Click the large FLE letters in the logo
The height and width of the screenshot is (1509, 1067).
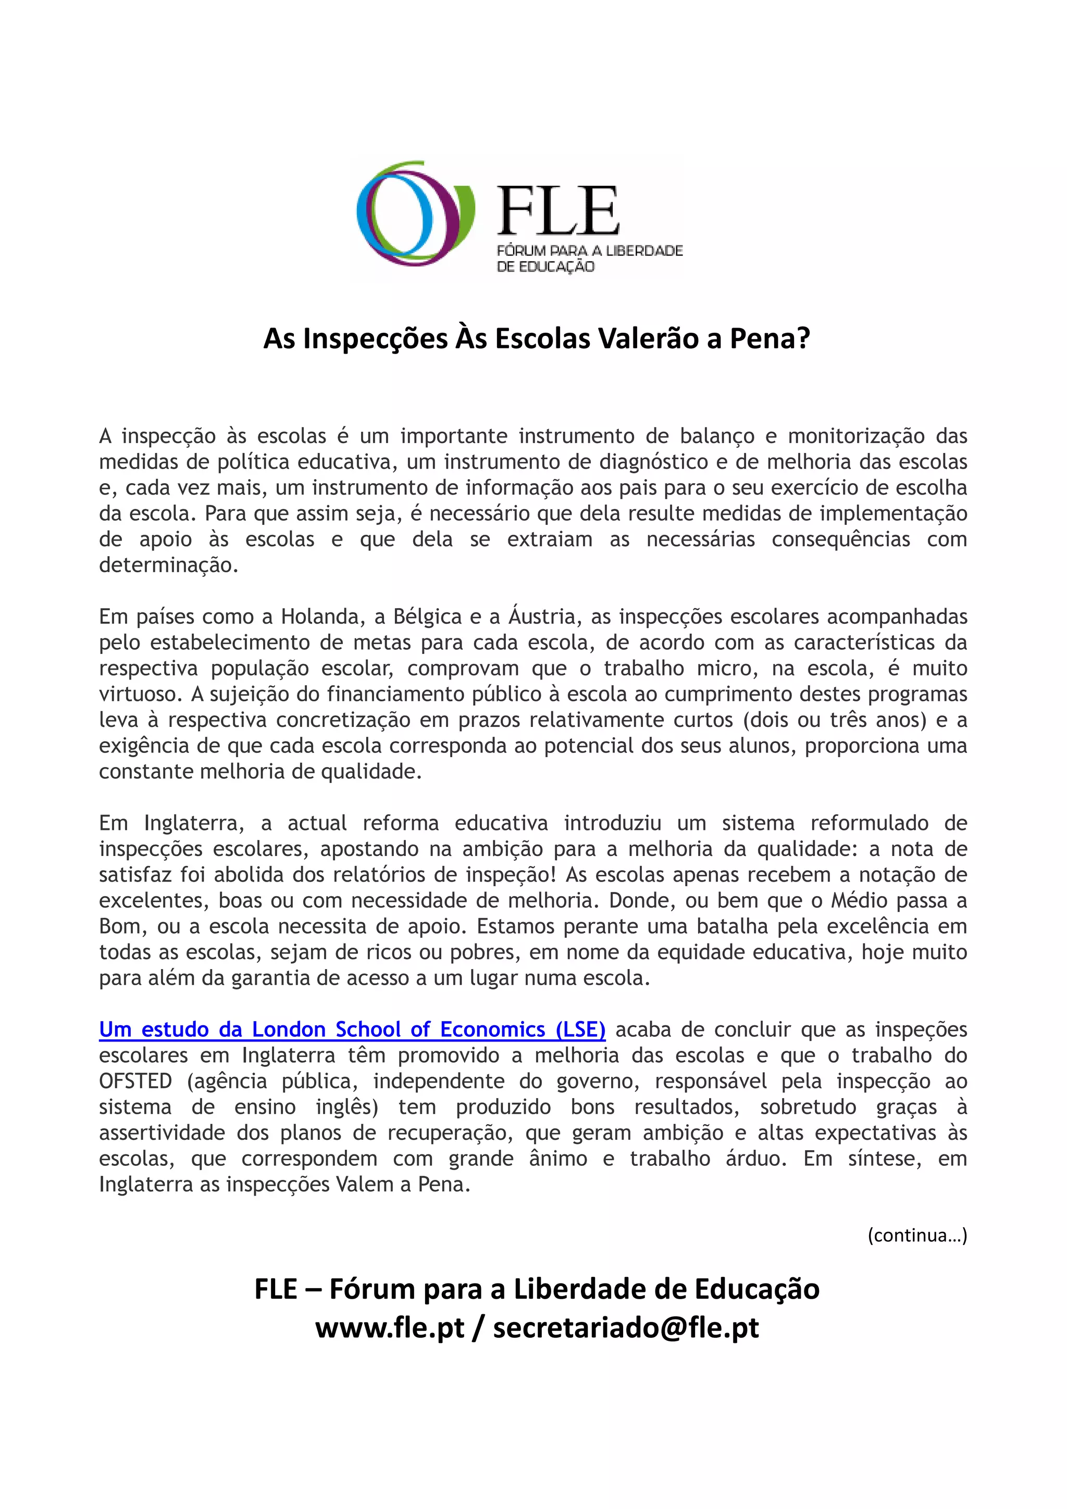click(x=557, y=211)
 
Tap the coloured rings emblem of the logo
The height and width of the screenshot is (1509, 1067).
click(x=414, y=211)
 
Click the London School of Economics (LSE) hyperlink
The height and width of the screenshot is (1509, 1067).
click(x=352, y=1029)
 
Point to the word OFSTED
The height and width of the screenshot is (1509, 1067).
click(x=135, y=1080)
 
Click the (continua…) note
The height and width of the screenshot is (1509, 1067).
click(x=917, y=1235)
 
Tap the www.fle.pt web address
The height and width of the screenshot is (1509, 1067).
click(x=390, y=1328)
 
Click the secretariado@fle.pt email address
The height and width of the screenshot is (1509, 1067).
click(x=626, y=1328)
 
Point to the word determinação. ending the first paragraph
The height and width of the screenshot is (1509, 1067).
click(x=168, y=564)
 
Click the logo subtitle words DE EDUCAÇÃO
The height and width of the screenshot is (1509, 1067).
click(x=545, y=266)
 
